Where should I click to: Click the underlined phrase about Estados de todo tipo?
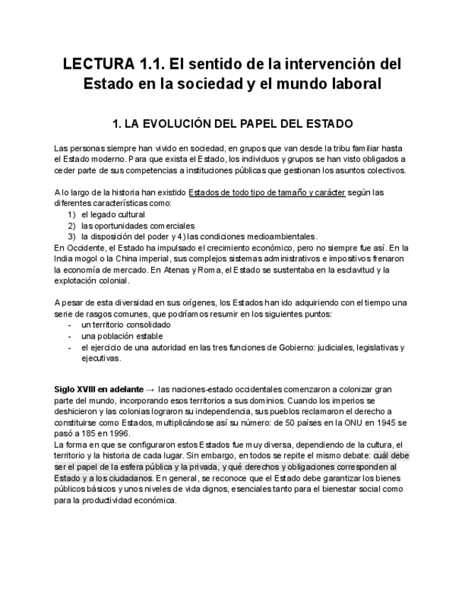click(267, 192)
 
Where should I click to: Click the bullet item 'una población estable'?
click(121, 336)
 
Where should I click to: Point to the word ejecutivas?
click(101, 358)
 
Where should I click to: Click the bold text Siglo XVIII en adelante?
click(98, 390)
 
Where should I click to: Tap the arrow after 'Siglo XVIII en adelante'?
click(149, 390)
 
